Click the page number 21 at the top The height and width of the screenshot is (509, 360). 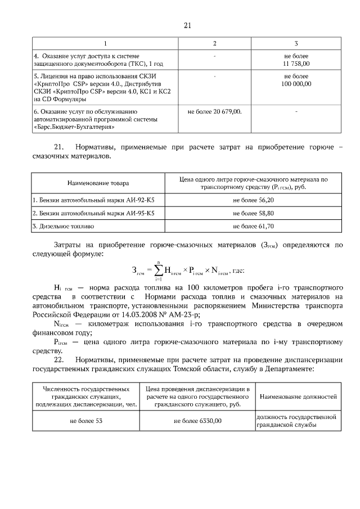click(188, 25)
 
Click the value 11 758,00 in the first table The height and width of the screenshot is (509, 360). click(296, 64)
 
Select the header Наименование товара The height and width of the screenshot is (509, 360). click(98, 183)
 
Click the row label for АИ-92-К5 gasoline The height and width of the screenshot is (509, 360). click(94, 200)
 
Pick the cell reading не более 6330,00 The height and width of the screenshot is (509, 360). click(197, 420)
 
